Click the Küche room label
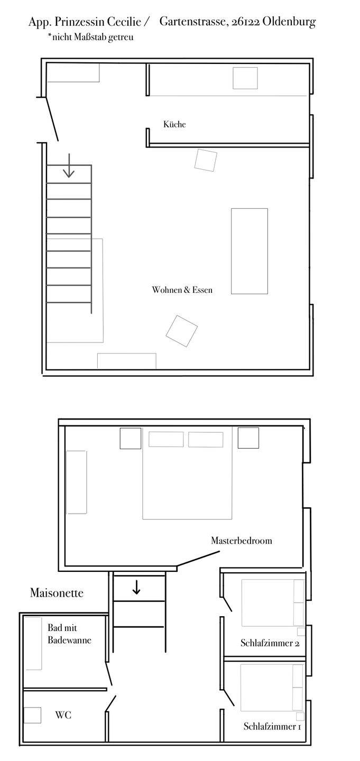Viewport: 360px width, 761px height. coord(174,124)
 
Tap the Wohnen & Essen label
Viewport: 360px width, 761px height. coord(182,290)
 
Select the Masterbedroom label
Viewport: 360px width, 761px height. coord(242,541)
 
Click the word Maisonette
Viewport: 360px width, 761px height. coord(57,593)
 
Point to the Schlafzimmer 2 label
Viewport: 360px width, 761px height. coord(270,643)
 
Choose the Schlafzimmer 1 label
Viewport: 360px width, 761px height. coord(272,726)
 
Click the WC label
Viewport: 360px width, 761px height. coord(63,715)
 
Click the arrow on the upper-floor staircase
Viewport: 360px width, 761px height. coord(69,165)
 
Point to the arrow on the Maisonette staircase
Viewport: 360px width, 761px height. coord(136,587)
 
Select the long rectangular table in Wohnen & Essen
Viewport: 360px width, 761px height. coord(250,251)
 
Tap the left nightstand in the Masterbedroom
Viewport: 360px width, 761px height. coord(131,438)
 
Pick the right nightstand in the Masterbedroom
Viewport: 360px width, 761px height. coord(248,438)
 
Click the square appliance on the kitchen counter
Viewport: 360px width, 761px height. coord(245,78)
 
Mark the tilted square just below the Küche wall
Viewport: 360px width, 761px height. coord(206,160)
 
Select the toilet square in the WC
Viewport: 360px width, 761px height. coord(32,715)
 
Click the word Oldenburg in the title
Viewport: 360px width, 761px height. coord(289,22)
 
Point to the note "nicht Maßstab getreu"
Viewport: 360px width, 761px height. coord(91,37)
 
